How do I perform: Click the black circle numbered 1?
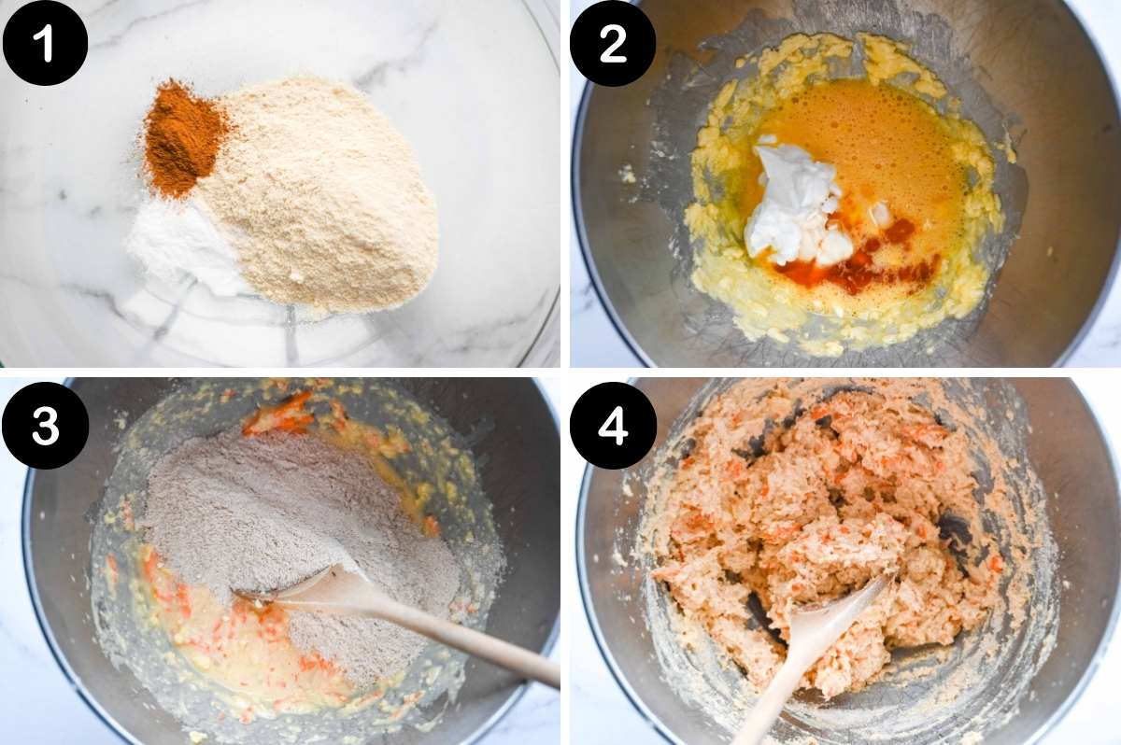(45, 43)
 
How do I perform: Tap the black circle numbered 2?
(613, 43)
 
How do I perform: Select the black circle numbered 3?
(45, 425)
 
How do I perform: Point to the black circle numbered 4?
(613, 425)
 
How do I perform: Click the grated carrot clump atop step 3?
(280, 415)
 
